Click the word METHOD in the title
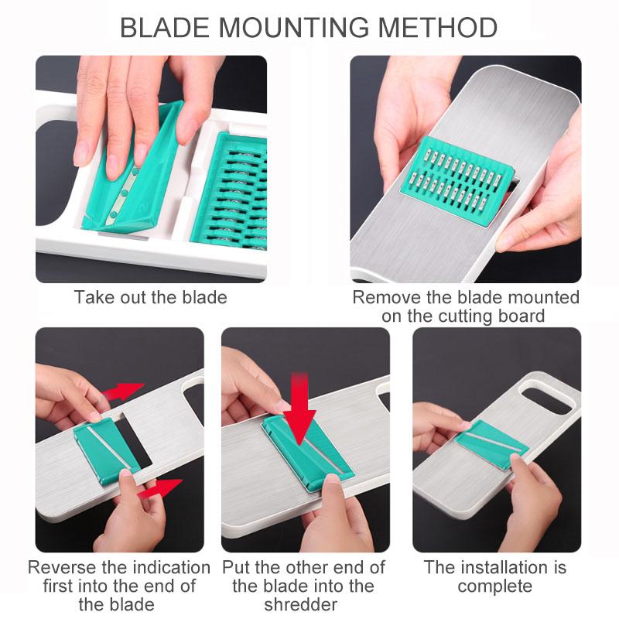(x=438, y=28)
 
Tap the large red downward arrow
(x=300, y=408)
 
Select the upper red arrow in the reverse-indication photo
(x=123, y=391)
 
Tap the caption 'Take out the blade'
(x=150, y=297)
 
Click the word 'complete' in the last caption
(x=494, y=587)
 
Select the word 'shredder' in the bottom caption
(x=300, y=604)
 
